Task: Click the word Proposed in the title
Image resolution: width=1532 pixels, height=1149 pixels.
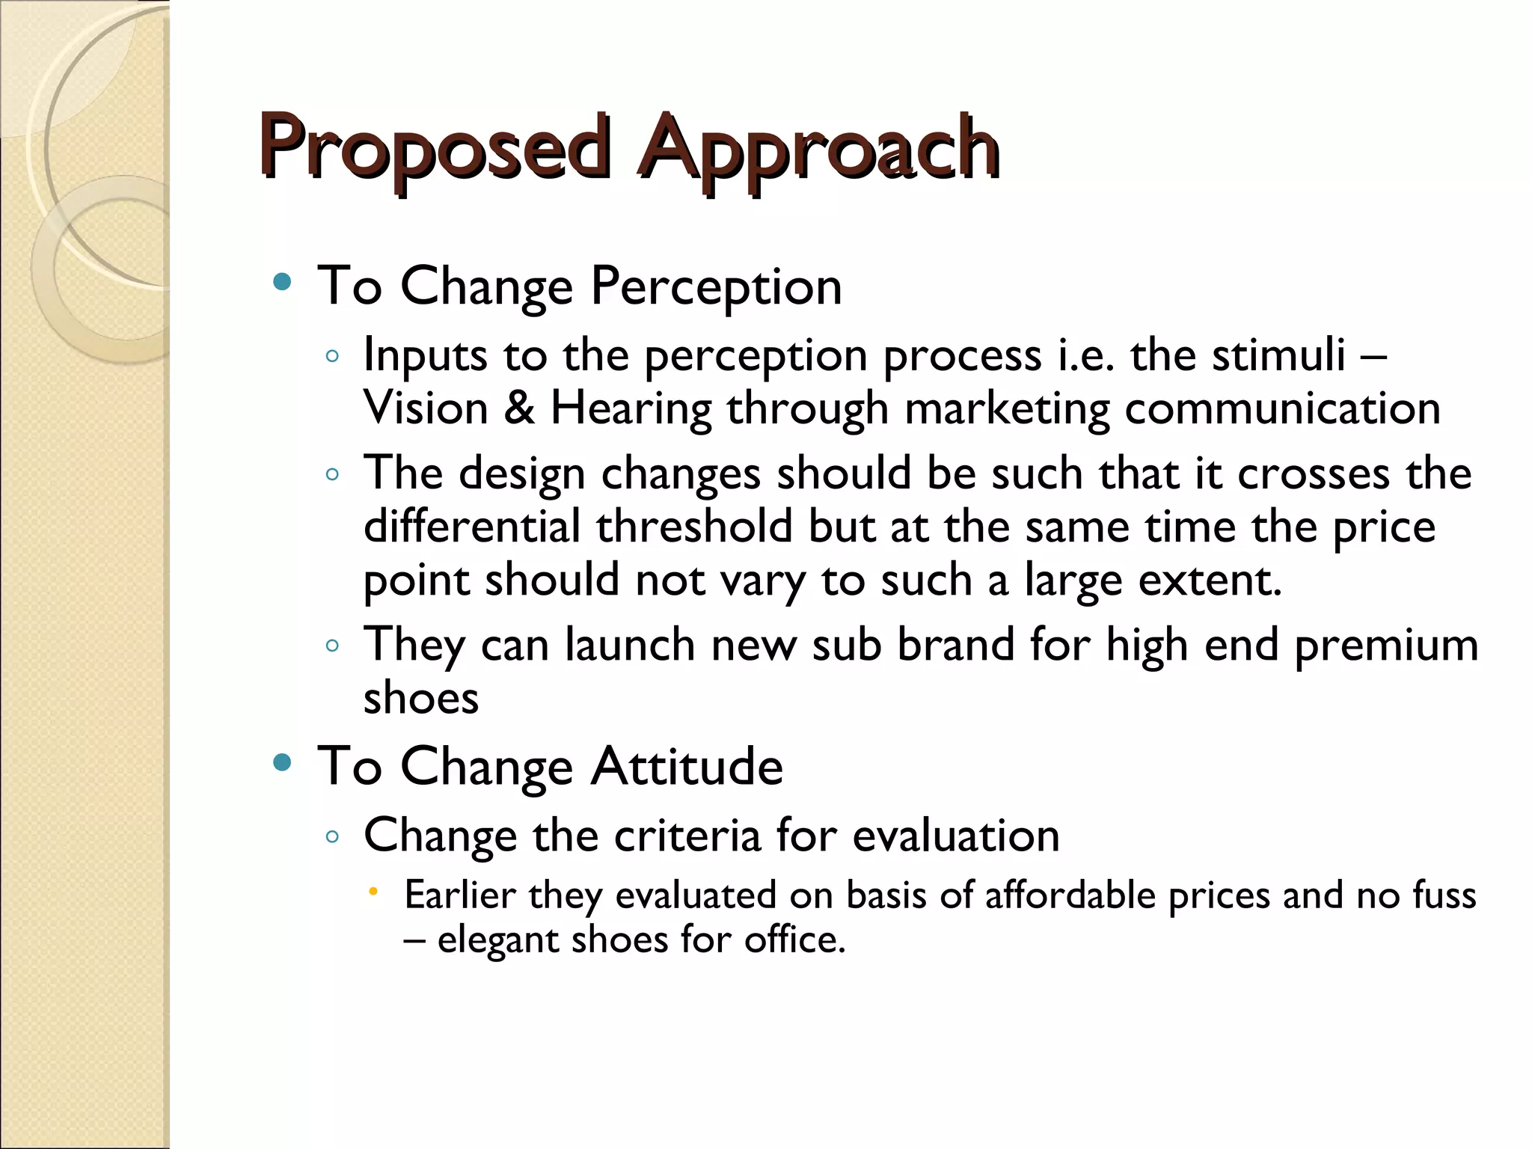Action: pos(435,147)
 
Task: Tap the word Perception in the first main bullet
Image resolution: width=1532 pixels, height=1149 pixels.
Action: pos(716,287)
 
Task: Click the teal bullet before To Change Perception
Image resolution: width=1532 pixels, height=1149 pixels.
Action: pos(282,282)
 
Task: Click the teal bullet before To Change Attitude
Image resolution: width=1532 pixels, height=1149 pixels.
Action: pos(282,762)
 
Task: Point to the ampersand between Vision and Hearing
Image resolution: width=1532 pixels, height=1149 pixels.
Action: pos(519,408)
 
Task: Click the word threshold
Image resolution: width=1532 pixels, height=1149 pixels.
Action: pos(694,527)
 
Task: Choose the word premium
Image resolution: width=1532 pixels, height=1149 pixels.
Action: pos(1386,646)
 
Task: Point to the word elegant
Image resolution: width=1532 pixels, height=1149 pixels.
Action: pos(497,940)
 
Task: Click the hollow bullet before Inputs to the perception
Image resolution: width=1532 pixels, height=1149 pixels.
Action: pos(333,357)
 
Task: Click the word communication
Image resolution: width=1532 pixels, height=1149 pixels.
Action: pos(1282,408)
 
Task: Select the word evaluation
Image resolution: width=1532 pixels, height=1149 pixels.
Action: pos(955,836)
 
